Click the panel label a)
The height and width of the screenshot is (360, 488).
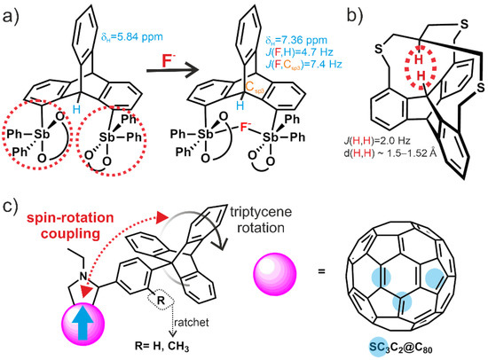[x=12, y=13]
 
